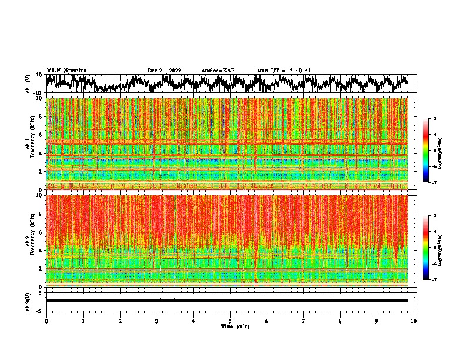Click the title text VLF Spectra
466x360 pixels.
66,70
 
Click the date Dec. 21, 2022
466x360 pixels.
164,71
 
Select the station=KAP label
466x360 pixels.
218,71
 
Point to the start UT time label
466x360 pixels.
284,71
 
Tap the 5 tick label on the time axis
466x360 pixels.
230,321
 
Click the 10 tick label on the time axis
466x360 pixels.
414,321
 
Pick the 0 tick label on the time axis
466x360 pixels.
46,321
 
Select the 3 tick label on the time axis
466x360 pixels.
157,321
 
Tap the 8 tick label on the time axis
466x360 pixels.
340,321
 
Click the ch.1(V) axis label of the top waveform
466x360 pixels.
28,84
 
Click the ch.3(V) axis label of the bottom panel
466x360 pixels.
28,301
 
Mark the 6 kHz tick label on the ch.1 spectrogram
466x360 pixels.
42,135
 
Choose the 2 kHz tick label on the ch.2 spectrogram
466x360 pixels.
42,268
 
